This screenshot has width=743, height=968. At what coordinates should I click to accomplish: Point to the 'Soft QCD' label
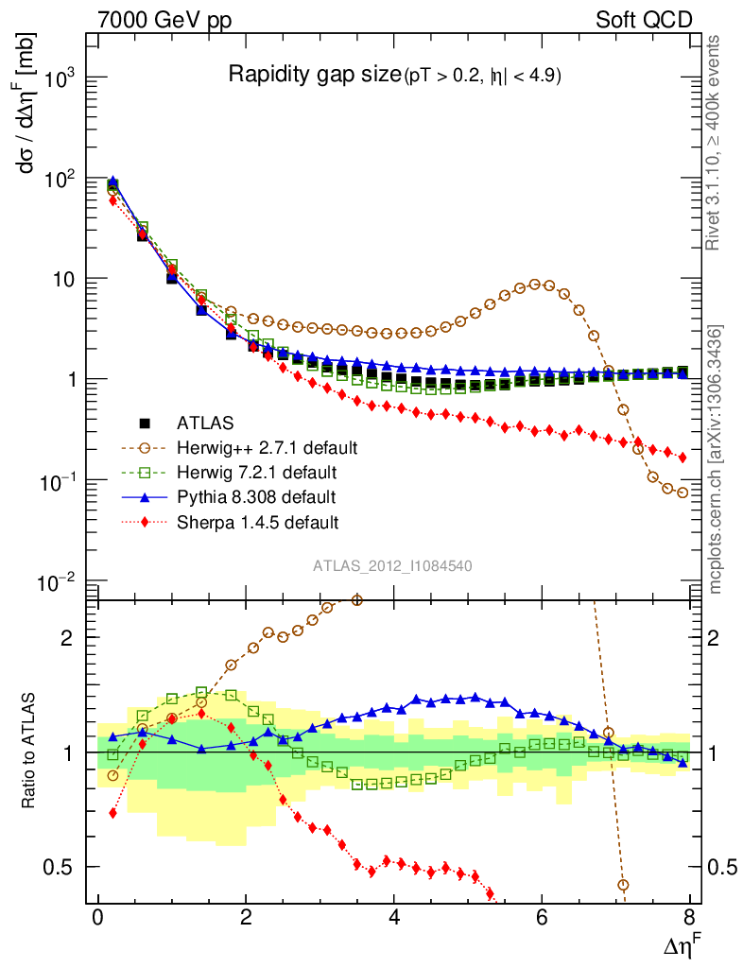click(x=644, y=20)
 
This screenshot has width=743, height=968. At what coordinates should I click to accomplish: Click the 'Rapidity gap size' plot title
click(x=315, y=76)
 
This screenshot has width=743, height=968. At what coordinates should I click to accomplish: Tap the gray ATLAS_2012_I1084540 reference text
click(x=393, y=566)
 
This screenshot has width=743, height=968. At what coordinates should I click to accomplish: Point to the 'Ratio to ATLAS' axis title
click(x=29, y=751)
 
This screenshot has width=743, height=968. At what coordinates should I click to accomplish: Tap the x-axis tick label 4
click(x=394, y=920)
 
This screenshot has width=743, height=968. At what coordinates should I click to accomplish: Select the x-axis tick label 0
click(x=97, y=920)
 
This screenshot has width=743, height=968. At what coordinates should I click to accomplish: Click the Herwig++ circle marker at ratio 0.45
click(x=623, y=885)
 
